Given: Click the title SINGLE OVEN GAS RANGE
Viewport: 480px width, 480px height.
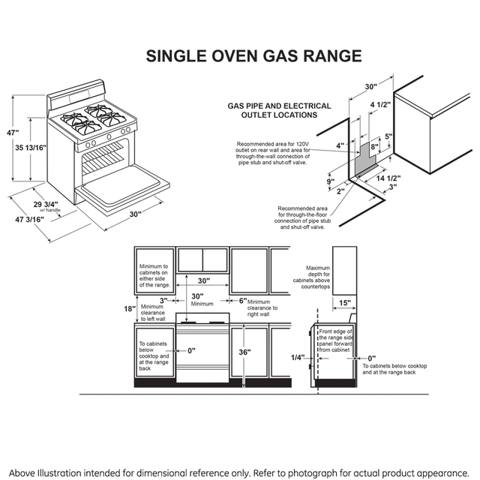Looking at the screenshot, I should coord(253,56).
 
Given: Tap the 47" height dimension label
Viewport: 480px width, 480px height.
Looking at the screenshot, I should coord(12,133).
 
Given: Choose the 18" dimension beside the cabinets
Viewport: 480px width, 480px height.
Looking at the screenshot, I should coord(130,308).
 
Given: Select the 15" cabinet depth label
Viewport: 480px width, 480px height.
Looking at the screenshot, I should coord(343,303).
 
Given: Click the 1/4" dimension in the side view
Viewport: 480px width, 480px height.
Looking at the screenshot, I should coord(298,358).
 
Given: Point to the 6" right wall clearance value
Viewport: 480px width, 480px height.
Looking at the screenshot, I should coord(242,301).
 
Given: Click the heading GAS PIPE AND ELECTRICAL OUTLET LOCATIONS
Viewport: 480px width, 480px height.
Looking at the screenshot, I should coord(272,111).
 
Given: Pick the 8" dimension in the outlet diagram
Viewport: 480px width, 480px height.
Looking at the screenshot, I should coord(374,148).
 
